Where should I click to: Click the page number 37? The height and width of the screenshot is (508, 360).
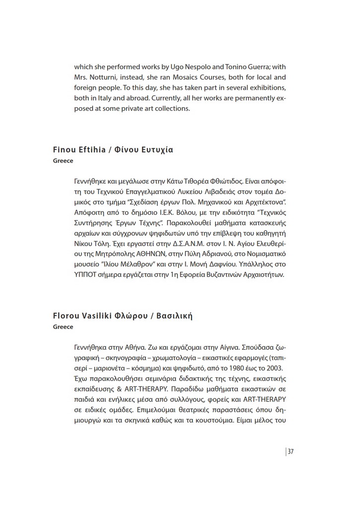[291, 451]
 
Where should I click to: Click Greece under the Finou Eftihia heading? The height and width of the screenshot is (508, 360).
[63, 161]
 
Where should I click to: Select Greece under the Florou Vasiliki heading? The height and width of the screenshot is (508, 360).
[63, 327]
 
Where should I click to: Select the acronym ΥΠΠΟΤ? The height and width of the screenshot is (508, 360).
[87, 275]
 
